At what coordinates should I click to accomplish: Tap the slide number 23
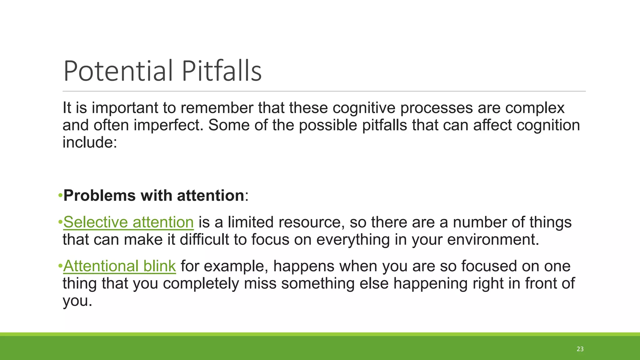(x=580, y=349)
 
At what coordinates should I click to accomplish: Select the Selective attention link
(x=128, y=222)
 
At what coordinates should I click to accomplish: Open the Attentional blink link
(x=119, y=266)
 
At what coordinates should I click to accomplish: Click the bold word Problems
(x=99, y=196)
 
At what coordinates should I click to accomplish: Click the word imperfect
(x=168, y=125)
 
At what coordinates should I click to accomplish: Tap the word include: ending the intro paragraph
(x=90, y=142)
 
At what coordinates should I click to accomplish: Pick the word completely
(x=201, y=284)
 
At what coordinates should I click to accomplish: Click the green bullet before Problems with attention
(x=60, y=196)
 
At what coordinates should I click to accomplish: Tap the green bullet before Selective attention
(x=60, y=223)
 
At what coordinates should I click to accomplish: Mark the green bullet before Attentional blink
(x=60, y=267)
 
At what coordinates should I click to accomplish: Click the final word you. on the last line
(x=77, y=301)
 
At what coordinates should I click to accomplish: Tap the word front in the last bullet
(x=541, y=284)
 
